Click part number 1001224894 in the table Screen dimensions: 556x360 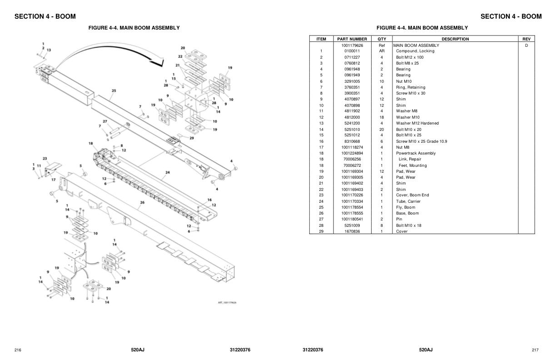click(x=352, y=153)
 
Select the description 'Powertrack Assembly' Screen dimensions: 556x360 click(x=416, y=153)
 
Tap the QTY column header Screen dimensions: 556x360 click(x=382, y=39)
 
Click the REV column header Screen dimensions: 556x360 click(x=526, y=39)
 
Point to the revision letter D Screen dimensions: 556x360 click(x=526, y=45)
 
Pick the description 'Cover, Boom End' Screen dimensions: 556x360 click(x=412, y=195)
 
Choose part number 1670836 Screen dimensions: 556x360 click(x=352, y=231)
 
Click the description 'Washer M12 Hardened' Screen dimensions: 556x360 click(x=417, y=123)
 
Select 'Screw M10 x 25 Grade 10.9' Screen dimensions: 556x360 click(x=422, y=141)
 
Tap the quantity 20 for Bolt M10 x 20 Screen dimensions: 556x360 click(x=382, y=130)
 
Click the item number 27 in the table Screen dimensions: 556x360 click(x=321, y=219)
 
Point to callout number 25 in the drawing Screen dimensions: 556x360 click(x=114, y=91)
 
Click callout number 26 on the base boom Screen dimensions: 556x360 click(x=142, y=202)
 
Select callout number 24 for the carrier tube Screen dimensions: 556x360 click(x=168, y=172)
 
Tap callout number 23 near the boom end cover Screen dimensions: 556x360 click(x=45, y=159)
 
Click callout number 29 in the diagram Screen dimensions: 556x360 click(x=192, y=138)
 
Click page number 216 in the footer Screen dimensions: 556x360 click(x=18, y=350)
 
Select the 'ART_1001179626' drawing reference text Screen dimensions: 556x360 click(x=227, y=303)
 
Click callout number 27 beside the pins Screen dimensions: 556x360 click(x=105, y=121)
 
